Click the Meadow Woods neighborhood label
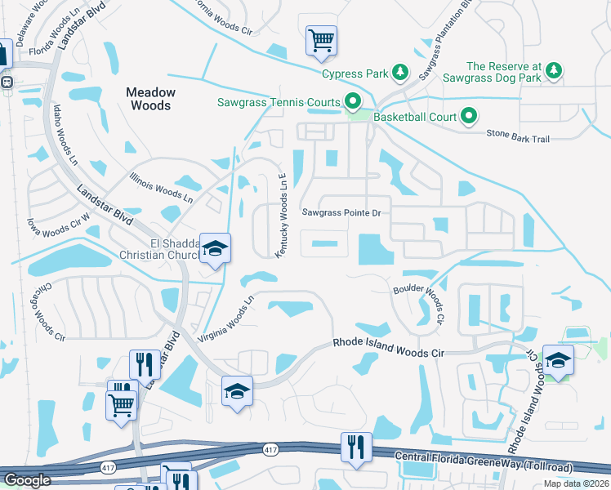(148, 99)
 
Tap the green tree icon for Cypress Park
(399, 73)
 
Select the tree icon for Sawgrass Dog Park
(553, 71)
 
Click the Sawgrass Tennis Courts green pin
(353, 102)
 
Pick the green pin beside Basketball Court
(468, 117)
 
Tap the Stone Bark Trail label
(518, 139)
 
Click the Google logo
(27, 480)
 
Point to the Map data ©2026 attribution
(577, 483)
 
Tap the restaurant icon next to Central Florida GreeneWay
(356, 447)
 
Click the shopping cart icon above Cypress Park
(321, 40)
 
